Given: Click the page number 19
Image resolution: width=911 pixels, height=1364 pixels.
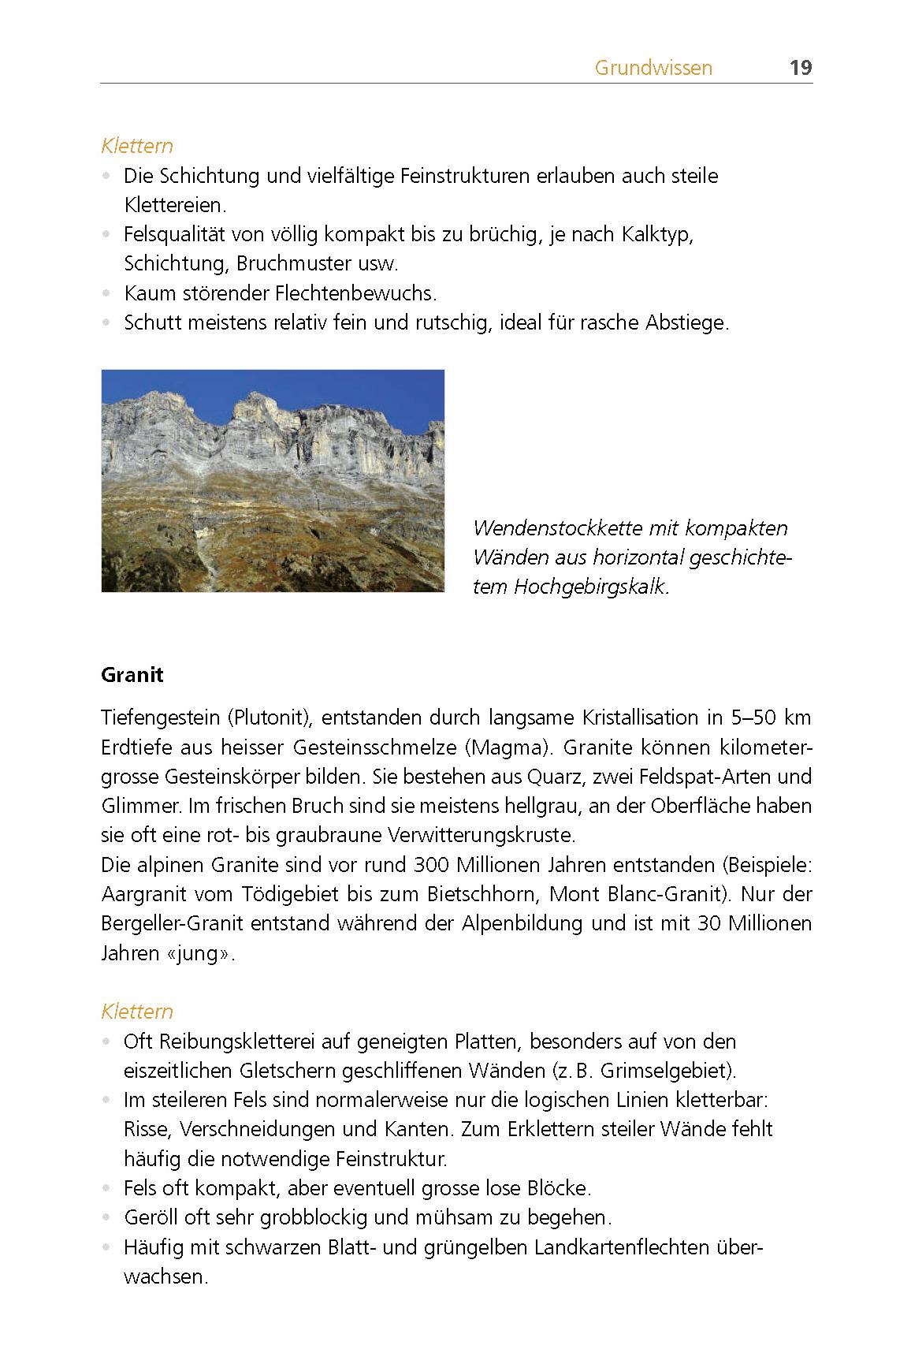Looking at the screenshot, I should (800, 68).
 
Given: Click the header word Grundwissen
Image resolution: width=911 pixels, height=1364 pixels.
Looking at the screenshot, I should (653, 68).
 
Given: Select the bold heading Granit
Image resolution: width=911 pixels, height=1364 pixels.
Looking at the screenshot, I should (132, 675).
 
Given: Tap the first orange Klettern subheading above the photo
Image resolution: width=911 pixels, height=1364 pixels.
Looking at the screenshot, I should (137, 146).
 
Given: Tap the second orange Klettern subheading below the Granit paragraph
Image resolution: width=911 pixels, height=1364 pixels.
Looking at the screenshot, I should (137, 1012).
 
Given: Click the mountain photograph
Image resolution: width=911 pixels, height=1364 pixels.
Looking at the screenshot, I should (273, 480).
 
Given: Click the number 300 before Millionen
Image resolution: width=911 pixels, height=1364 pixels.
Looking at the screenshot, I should (432, 865).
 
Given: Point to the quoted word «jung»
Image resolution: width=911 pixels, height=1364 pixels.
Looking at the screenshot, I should (201, 953).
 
